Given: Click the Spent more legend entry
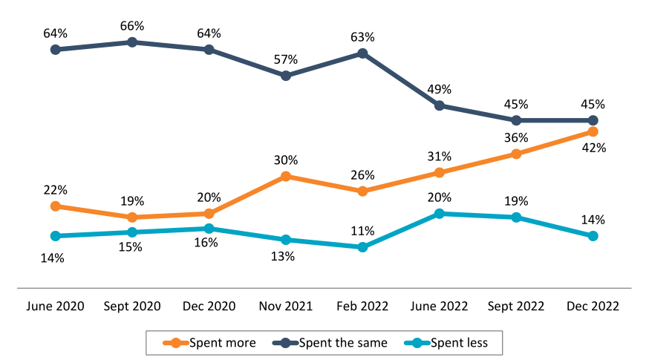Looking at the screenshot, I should click(212, 342).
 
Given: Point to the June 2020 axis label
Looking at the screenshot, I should click(55, 306).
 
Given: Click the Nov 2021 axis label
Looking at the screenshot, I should click(286, 306).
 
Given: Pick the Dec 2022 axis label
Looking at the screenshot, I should click(593, 306).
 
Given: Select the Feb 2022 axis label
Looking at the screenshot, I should click(362, 306).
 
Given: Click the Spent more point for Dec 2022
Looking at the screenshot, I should click(593, 131).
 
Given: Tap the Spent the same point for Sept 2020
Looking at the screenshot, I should click(132, 42).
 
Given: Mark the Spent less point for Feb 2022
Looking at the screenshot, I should click(362, 247).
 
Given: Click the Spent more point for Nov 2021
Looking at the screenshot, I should click(286, 177).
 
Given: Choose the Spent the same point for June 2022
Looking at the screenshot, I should click(440, 105).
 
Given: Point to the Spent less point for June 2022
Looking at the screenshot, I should click(440, 214).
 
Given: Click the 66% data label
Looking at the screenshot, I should click(132, 27).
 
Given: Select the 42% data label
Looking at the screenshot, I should click(594, 148).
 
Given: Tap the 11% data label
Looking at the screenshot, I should click(362, 231).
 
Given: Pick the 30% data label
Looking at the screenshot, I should click(286, 160).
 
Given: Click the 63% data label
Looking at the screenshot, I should click(362, 37).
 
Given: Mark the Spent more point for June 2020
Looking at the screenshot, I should click(55, 206).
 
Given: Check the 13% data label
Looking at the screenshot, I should click(283, 257).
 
